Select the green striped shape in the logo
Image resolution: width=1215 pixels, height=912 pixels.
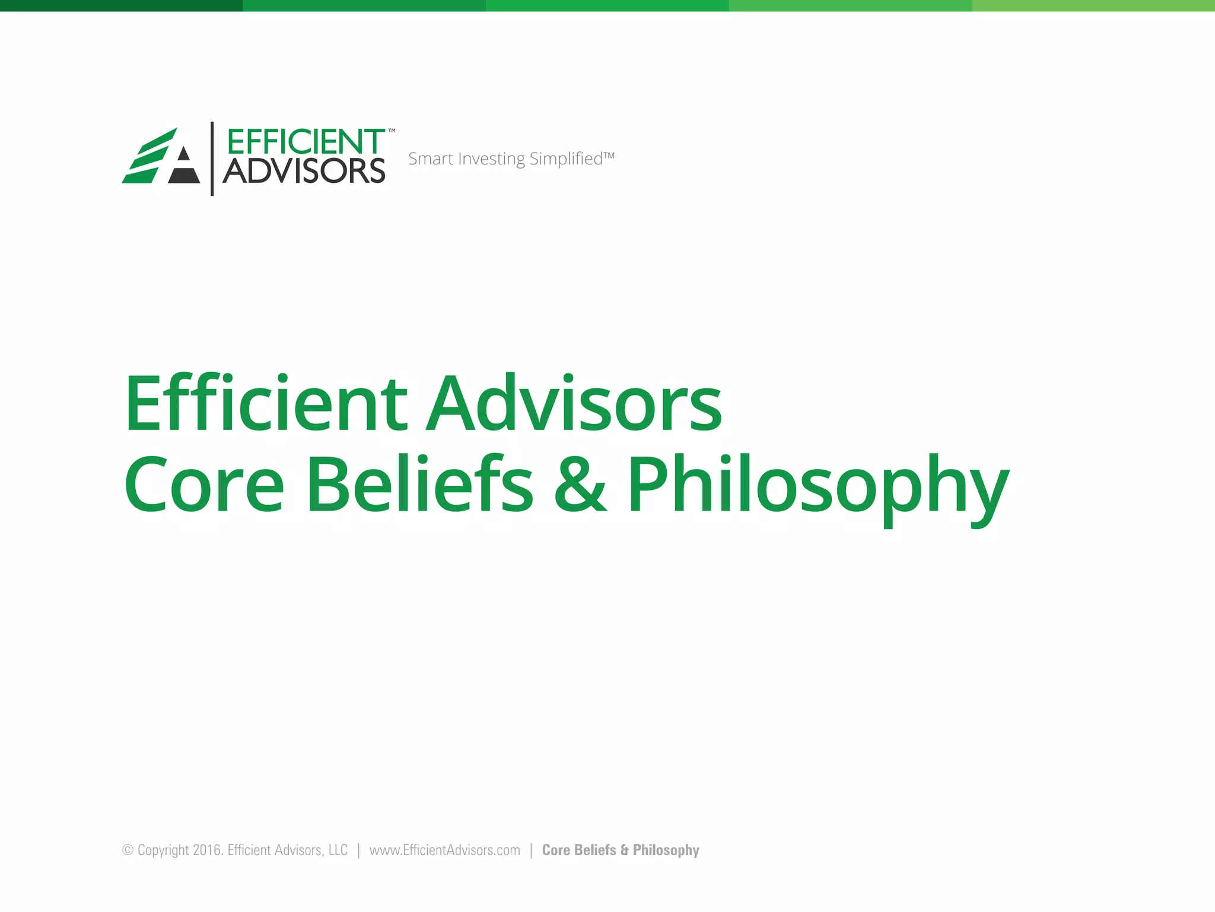148,156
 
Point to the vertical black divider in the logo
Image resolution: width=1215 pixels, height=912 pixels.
212,159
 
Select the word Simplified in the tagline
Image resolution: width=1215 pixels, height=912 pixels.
566,159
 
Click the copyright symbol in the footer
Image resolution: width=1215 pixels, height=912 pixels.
128,850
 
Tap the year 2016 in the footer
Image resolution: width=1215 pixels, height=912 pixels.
207,850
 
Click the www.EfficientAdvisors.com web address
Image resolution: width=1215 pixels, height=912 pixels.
444,850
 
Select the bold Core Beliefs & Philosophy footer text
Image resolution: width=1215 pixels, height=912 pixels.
621,850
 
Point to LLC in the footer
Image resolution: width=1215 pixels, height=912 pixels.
338,850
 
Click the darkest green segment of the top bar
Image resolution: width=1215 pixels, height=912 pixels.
121,5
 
